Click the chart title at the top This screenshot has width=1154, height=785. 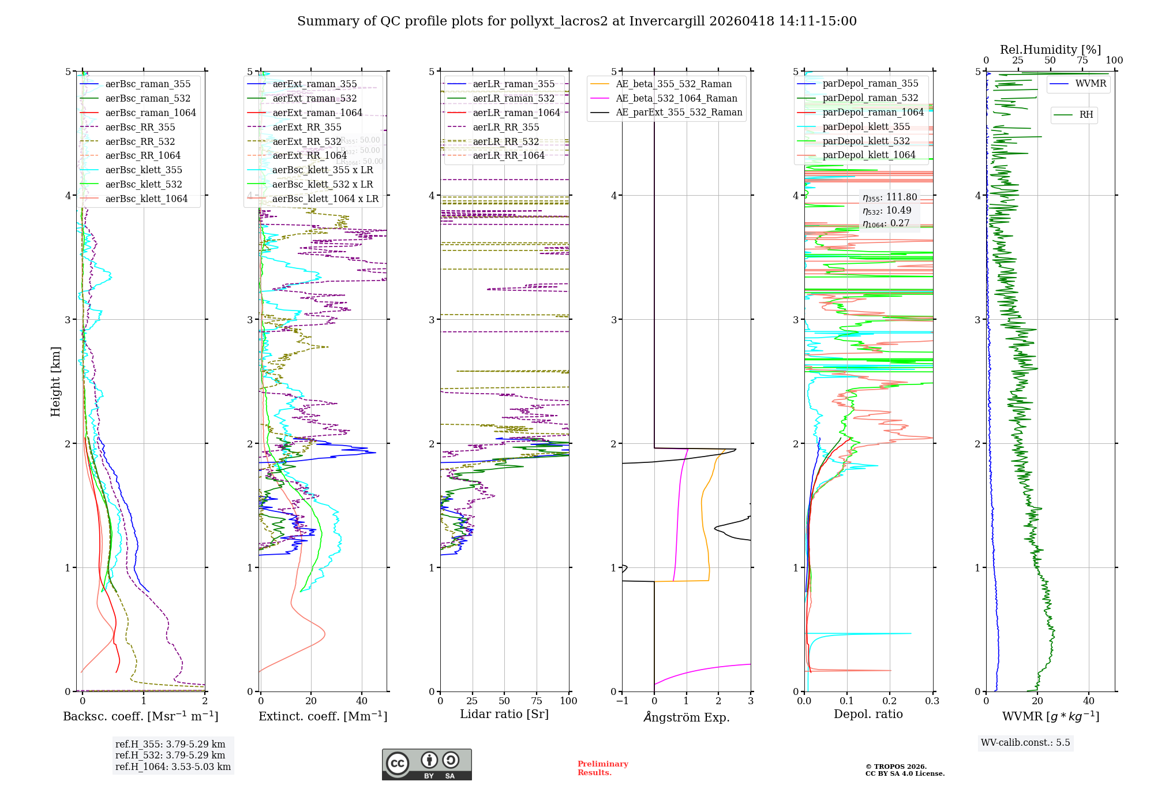(x=576, y=21)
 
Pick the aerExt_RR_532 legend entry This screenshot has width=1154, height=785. (x=306, y=142)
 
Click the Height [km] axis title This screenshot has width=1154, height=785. (x=55, y=382)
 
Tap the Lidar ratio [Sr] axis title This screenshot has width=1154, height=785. (x=504, y=715)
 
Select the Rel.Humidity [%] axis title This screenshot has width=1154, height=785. (x=1050, y=50)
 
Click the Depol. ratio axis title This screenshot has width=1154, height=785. (x=868, y=715)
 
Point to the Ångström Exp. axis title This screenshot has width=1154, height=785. (x=686, y=717)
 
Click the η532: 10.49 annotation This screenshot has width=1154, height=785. (x=887, y=211)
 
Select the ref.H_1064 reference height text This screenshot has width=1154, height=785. (x=173, y=767)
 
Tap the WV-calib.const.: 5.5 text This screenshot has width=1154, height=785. (x=1025, y=743)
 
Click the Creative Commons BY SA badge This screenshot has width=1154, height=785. (x=426, y=764)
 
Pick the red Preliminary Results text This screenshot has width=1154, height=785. (x=602, y=768)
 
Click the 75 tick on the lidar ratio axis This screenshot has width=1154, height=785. (x=537, y=701)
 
